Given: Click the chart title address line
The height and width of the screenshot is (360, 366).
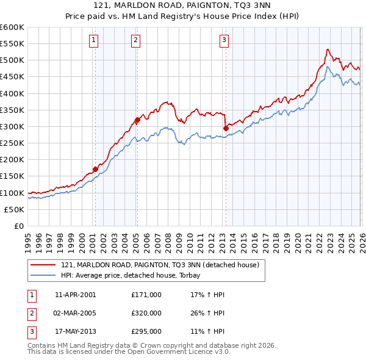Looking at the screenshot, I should (183, 5).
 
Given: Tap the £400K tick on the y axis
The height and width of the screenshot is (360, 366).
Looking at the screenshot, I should (12, 93).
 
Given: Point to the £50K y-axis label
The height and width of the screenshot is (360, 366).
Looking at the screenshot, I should (14, 209).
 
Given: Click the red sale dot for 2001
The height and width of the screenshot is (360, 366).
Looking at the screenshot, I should (95, 169).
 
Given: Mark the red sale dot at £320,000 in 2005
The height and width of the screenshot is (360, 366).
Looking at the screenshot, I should (137, 120).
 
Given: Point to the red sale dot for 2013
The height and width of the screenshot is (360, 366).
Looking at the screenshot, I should (226, 128).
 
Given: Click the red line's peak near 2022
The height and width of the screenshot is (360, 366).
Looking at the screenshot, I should (328, 49).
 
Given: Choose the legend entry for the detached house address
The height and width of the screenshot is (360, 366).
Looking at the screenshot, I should (160, 265).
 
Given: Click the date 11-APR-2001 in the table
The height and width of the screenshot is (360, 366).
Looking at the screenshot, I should (75, 295).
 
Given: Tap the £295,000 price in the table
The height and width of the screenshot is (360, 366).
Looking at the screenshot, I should (146, 331).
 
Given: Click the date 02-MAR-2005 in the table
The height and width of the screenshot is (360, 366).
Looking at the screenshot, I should (75, 313).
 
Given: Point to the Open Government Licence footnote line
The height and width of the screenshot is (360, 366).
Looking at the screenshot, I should (129, 351).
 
